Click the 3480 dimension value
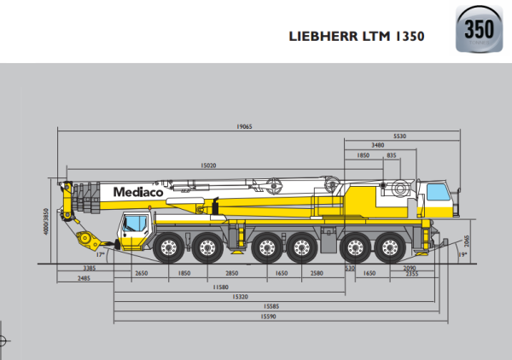[x=377, y=145]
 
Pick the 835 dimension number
[x=391, y=155]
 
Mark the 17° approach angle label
[x=101, y=254]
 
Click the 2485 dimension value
[x=84, y=278]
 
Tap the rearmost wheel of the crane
[x=390, y=248]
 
